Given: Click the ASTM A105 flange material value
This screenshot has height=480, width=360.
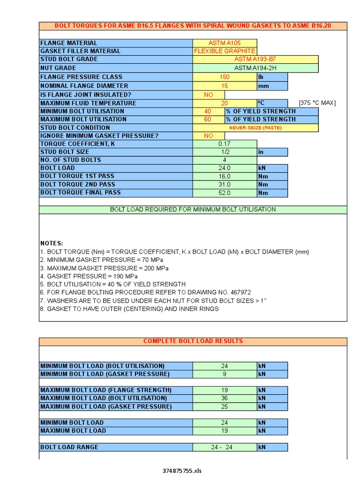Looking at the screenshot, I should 225,43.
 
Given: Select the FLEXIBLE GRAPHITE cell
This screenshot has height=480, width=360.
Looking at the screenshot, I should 225,51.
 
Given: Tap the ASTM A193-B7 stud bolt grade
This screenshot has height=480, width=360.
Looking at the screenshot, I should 255,59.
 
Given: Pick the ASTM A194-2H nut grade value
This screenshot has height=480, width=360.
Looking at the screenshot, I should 255,67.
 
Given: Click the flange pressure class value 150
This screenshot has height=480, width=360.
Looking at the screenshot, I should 225,77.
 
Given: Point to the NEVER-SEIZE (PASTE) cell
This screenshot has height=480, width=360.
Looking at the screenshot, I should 255,127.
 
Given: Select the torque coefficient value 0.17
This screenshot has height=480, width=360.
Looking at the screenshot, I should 225,144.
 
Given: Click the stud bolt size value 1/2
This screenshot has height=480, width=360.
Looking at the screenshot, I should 225,152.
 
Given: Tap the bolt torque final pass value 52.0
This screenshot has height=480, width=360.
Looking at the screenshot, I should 225,193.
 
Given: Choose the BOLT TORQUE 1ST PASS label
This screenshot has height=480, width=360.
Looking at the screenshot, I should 77,176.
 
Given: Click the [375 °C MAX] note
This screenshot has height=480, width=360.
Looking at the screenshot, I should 317,103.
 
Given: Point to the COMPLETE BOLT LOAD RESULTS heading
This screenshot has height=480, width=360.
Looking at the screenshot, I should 193,341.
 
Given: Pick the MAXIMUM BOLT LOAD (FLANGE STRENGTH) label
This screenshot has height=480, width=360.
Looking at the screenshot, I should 106,390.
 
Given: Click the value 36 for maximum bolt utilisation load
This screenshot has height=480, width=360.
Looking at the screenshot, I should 225,398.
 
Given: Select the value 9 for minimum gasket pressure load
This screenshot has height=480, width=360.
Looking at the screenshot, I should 225,374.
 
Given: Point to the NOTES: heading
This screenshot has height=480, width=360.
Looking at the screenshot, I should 52,243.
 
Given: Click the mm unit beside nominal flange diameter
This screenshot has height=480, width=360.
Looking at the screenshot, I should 262,86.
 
